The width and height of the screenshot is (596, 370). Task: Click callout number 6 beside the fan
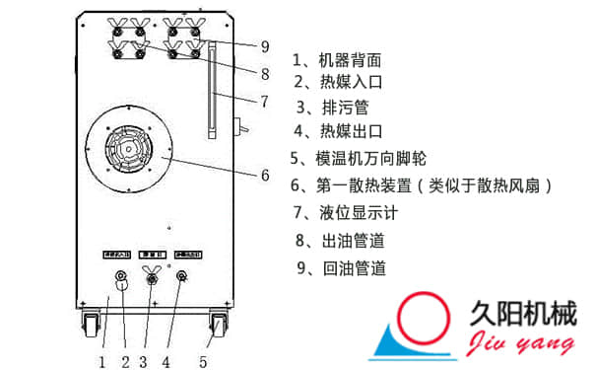coord(264,176)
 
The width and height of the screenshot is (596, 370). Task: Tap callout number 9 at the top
coord(264,45)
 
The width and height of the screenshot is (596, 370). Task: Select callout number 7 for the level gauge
coord(264,100)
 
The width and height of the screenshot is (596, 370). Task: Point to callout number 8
coord(264,73)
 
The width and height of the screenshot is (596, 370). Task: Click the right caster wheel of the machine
coord(218,323)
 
